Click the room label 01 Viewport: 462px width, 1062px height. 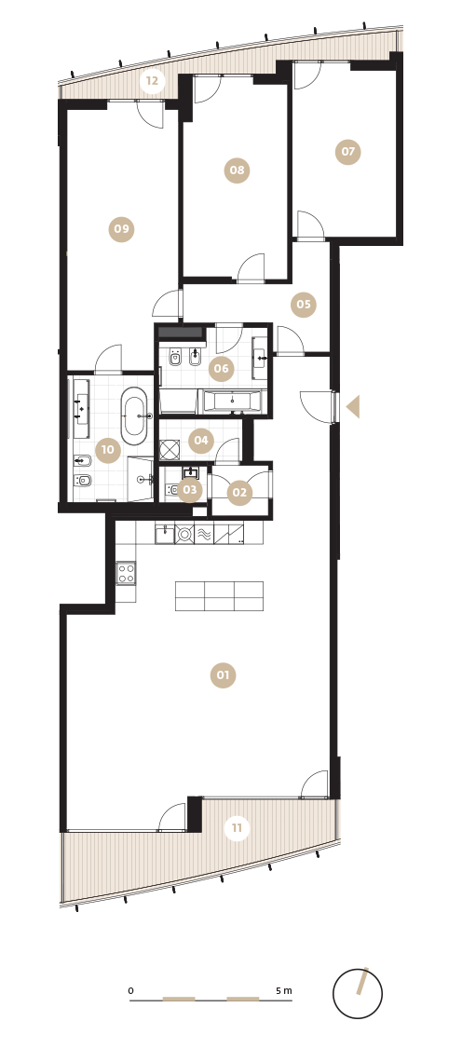click(223, 675)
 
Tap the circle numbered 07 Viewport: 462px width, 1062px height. click(347, 152)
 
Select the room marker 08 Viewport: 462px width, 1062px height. click(237, 170)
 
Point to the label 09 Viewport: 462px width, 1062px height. click(121, 229)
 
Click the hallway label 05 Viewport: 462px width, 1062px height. click(304, 305)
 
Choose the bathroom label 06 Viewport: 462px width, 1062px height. click(221, 369)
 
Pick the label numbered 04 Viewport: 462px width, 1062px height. click(201, 441)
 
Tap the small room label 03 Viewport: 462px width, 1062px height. click(190, 490)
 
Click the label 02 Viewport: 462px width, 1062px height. click(239, 493)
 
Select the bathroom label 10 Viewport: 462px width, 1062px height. click(108, 450)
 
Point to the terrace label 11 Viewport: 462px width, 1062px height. click(237, 827)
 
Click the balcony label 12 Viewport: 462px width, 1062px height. click(152, 81)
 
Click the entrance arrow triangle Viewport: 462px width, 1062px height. click(353, 406)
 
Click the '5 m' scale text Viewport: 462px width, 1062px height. click(284, 990)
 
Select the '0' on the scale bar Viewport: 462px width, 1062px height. click(130, 991)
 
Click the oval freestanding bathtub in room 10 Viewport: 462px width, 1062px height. click(133, 415)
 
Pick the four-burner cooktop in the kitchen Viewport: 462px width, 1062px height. click(126, 573)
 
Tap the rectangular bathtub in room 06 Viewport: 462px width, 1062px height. click(232, 402)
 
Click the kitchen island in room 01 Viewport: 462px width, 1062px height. click(220, 596)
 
